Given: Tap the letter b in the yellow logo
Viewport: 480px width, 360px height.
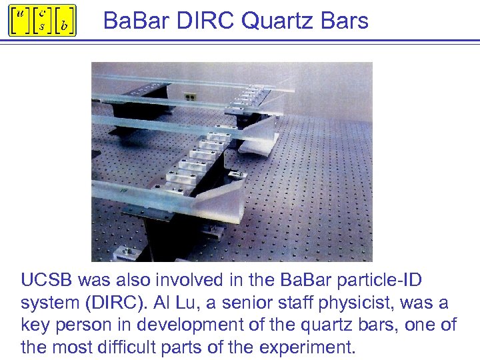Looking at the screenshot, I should click(64, 26).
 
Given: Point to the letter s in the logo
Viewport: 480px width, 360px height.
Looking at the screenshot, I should click(41, 27).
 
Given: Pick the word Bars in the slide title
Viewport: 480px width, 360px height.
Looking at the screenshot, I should click(343, 21).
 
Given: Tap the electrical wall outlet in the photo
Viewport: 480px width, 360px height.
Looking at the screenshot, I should click(191, 97).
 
